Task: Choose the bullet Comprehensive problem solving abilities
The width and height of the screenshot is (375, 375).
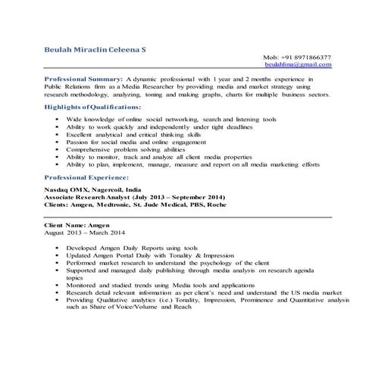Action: pyautogui.click(x=125, y=149)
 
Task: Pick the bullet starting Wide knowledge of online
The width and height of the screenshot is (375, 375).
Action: pyautogui.click(x=170, y=120)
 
